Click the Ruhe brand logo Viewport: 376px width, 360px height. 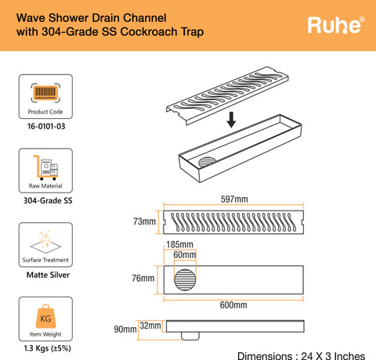(x=336, y=25)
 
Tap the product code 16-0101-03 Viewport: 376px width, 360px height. (x=46, y=127)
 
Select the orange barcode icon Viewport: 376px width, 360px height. (x=45, y=92)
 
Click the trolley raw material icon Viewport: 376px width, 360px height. (x=45, y=167)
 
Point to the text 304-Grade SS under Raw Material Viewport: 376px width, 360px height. (x=48, y=200)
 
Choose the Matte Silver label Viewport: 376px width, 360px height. (x=48, y=275)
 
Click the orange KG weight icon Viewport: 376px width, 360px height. (x=45, y=316)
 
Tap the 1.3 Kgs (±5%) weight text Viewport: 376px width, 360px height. (x=47, y=348)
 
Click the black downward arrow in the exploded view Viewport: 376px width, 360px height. (x=231, y=120)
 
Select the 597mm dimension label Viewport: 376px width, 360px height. (x=234, y=200)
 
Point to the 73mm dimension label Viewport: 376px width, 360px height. (x=144, y=221)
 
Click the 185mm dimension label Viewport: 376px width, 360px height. (x=180, y=244)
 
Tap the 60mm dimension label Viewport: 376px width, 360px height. (x=185, y=255)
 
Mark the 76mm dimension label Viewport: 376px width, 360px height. (x=143, y=279)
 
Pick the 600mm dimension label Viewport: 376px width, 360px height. (x=233, y=305)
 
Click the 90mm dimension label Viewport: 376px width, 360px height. (x=125, y=329)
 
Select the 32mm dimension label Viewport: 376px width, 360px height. (x=150, y=326)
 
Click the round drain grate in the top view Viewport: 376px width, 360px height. (x=185, y=280)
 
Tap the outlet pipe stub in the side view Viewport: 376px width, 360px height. (x=190, y=336)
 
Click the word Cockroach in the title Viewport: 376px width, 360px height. (x=149, y=32)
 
